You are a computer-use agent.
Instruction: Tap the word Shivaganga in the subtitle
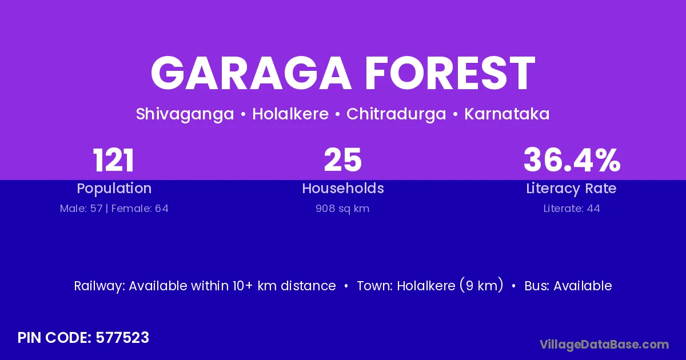coord(185,114)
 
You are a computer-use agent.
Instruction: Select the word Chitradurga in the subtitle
coord(396,114)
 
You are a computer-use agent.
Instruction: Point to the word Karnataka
coord(507,114)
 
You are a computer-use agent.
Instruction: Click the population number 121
coord(114,160)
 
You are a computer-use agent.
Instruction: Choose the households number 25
coord(343,160)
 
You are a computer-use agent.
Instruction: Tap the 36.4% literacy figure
coord(572,160)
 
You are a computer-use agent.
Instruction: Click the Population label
coord(114,189)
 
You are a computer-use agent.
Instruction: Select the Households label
coord(343,189)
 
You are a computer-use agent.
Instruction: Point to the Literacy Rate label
coord(572,189)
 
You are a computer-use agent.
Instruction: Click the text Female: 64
coord(140,209)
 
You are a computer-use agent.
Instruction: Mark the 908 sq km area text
coord(343,209)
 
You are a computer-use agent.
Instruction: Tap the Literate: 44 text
coord(572,209)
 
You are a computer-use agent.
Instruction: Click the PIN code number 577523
coord(122,338)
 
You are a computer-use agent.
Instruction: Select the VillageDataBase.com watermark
coord(604,345)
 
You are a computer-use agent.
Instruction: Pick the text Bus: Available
coord(568,286)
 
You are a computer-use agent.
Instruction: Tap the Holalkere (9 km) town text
coord(450,286)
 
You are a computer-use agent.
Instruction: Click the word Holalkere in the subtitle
coord(290,114)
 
